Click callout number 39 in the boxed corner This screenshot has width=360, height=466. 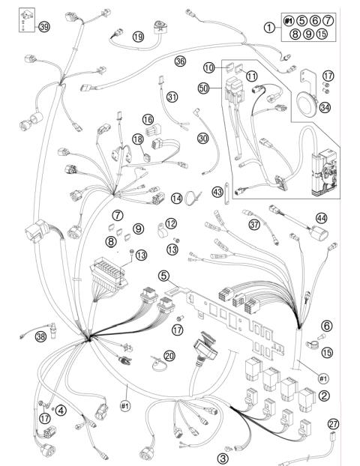click(x=44, y=27)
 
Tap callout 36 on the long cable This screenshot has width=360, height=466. click(x=179, y=61)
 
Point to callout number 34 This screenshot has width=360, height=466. click(x=325, y=107)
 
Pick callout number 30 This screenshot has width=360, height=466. click(x=202, y=139)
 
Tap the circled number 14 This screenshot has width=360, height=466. click(x=176, y=199)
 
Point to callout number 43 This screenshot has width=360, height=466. click(x=217, y=193)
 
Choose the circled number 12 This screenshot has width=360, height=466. click(x=171, y=223)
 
